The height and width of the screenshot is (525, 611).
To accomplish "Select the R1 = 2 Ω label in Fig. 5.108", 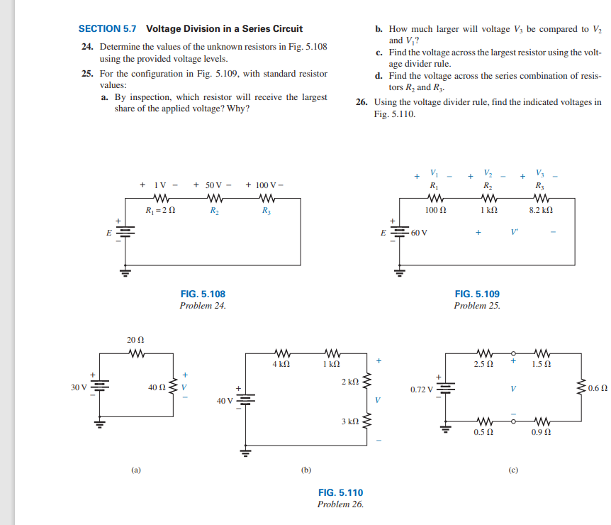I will coord(160,211).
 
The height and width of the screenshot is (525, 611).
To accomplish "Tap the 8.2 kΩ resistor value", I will coord(541,211).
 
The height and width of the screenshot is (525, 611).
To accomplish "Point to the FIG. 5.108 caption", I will coord(203,294).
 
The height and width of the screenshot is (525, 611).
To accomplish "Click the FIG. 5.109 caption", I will coord(477,294).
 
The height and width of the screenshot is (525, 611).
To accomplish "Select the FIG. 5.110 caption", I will coord(340,492).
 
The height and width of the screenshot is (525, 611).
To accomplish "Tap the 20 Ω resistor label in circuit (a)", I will coord(135,341).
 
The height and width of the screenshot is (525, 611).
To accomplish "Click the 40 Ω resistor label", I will coord(157,388).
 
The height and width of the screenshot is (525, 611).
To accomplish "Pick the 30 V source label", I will coord(79,388).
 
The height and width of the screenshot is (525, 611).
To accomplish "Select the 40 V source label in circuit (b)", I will coord(225,401).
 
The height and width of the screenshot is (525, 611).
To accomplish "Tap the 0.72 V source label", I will coord(423,389).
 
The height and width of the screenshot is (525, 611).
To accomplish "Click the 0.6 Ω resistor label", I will coord(598,389).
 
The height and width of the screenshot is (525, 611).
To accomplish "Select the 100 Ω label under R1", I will coord(435,211).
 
